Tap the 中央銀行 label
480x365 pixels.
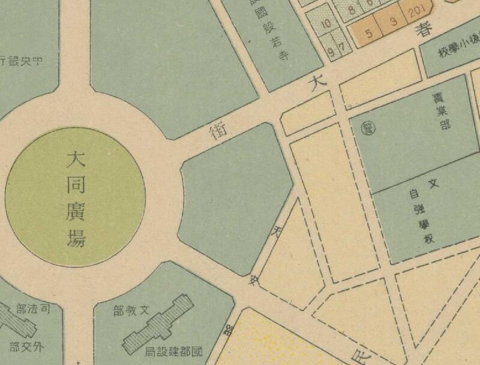point(24,60)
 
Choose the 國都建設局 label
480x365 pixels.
point(175,350)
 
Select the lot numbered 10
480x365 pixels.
point(326,25)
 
